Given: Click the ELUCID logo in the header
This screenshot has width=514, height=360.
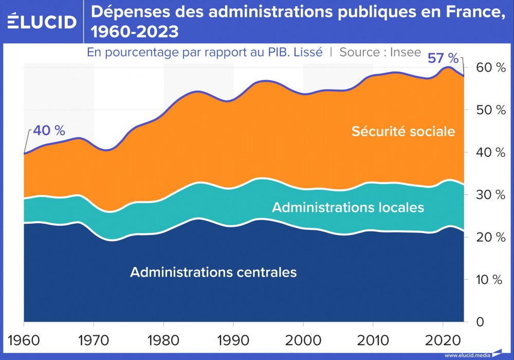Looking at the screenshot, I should (x=42, y=22).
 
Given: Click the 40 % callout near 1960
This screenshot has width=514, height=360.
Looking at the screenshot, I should (x=49, y=131).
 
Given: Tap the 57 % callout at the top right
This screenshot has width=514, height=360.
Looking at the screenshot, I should (x=443, y=58).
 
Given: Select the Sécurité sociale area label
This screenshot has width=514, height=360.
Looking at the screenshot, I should (x=403, y=131).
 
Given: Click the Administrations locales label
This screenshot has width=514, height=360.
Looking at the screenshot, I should (x=348, y=207).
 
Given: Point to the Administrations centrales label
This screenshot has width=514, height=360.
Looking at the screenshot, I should (x=213, y=272).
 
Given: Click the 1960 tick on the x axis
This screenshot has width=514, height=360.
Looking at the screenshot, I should (x=24, y=340).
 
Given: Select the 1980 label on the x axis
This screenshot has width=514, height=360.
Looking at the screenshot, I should (x=163, y=340).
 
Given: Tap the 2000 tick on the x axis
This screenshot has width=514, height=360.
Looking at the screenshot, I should (x=303, y=340).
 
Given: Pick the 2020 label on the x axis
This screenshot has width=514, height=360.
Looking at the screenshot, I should (x=443, y=340).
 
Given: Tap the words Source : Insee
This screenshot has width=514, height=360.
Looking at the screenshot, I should (x=380, y=52).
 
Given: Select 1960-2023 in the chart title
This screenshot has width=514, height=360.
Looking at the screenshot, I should (x=135, y=32).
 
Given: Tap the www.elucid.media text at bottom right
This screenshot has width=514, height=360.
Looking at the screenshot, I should (x=468, y=355).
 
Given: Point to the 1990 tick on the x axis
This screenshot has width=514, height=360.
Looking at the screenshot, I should (x=233, y=340).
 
